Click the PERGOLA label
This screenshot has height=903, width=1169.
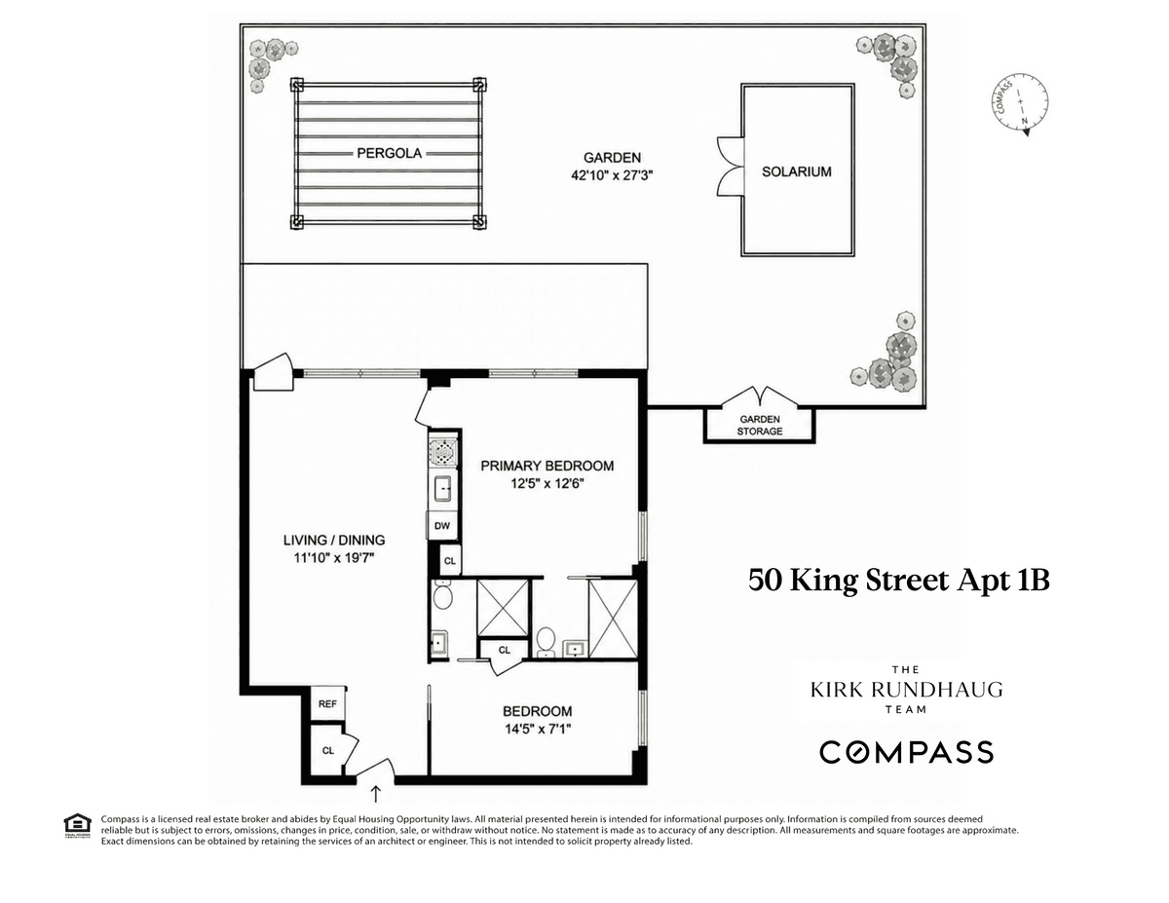pos(389,153)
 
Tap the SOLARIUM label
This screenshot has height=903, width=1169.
pos(796,171)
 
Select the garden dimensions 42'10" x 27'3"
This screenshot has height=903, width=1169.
pos(612,175)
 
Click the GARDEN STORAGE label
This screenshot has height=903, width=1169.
pos(760,425)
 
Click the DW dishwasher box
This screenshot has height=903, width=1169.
pos(441,525)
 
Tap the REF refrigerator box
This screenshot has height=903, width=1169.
pos(327,703)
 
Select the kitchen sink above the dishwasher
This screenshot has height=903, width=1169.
pos(442,488)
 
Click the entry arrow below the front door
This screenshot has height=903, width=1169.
pos(376,793)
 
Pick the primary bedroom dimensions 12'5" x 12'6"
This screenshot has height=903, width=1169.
pos(547,484)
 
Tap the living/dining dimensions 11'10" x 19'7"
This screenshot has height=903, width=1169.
pos(333,558)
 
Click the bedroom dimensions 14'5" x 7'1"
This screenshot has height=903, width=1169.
pos(537,730)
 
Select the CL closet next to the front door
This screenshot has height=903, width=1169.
pos(327,751)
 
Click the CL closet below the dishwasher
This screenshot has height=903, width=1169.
pos(450,561)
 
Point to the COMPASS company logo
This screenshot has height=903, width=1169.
pos(906,751)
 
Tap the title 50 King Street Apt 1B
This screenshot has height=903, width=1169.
pos(898,582)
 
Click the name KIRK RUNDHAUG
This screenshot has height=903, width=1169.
pos(907,690)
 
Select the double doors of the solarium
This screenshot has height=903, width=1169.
pos(731,166)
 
